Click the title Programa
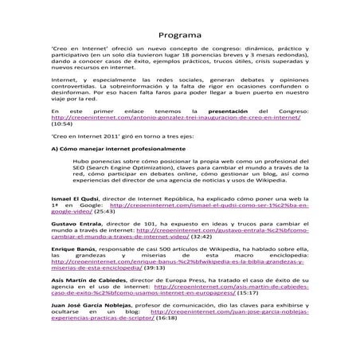pyautogui.click(x=180, y=36)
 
